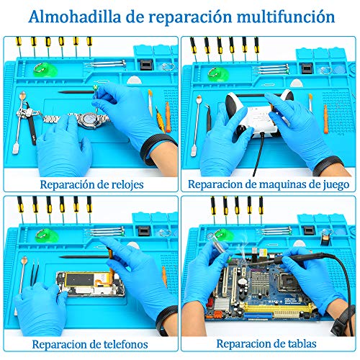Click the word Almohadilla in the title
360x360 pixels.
(75, 17)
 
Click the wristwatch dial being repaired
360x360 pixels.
(89, 120)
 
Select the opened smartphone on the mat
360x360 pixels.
(91, 284)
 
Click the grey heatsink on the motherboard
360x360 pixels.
(259, 280)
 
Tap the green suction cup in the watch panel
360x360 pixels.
(45, 70)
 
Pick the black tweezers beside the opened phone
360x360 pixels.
(35, 274)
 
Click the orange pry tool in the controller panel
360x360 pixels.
(325, 120)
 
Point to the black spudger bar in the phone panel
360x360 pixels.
(84, 257)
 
